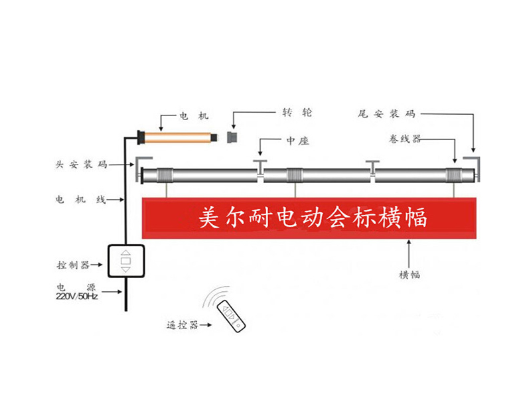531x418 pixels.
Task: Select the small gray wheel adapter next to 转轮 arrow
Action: pyautogui.click(x=233, y=137)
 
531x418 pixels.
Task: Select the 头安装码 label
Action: pyautogui.click(x=82, y=163)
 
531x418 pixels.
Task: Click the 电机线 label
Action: pyautogui.click(x=82, y=199)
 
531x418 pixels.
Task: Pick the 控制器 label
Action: pyautogui.click(x=74, y=265)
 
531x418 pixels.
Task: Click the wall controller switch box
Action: pyautogui.click(x=125, y=261)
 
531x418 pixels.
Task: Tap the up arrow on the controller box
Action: pyautogui.click(x=125, y=252)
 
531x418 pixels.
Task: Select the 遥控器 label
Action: pyautogui.click(x=182, y=324)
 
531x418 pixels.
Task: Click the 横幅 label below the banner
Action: pyautogui.click(x=409, y=274)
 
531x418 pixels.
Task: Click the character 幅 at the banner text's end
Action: pyautogui.click(x=416, y=218)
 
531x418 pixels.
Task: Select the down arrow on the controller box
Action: pyautogui.click(x=125, y=270)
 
